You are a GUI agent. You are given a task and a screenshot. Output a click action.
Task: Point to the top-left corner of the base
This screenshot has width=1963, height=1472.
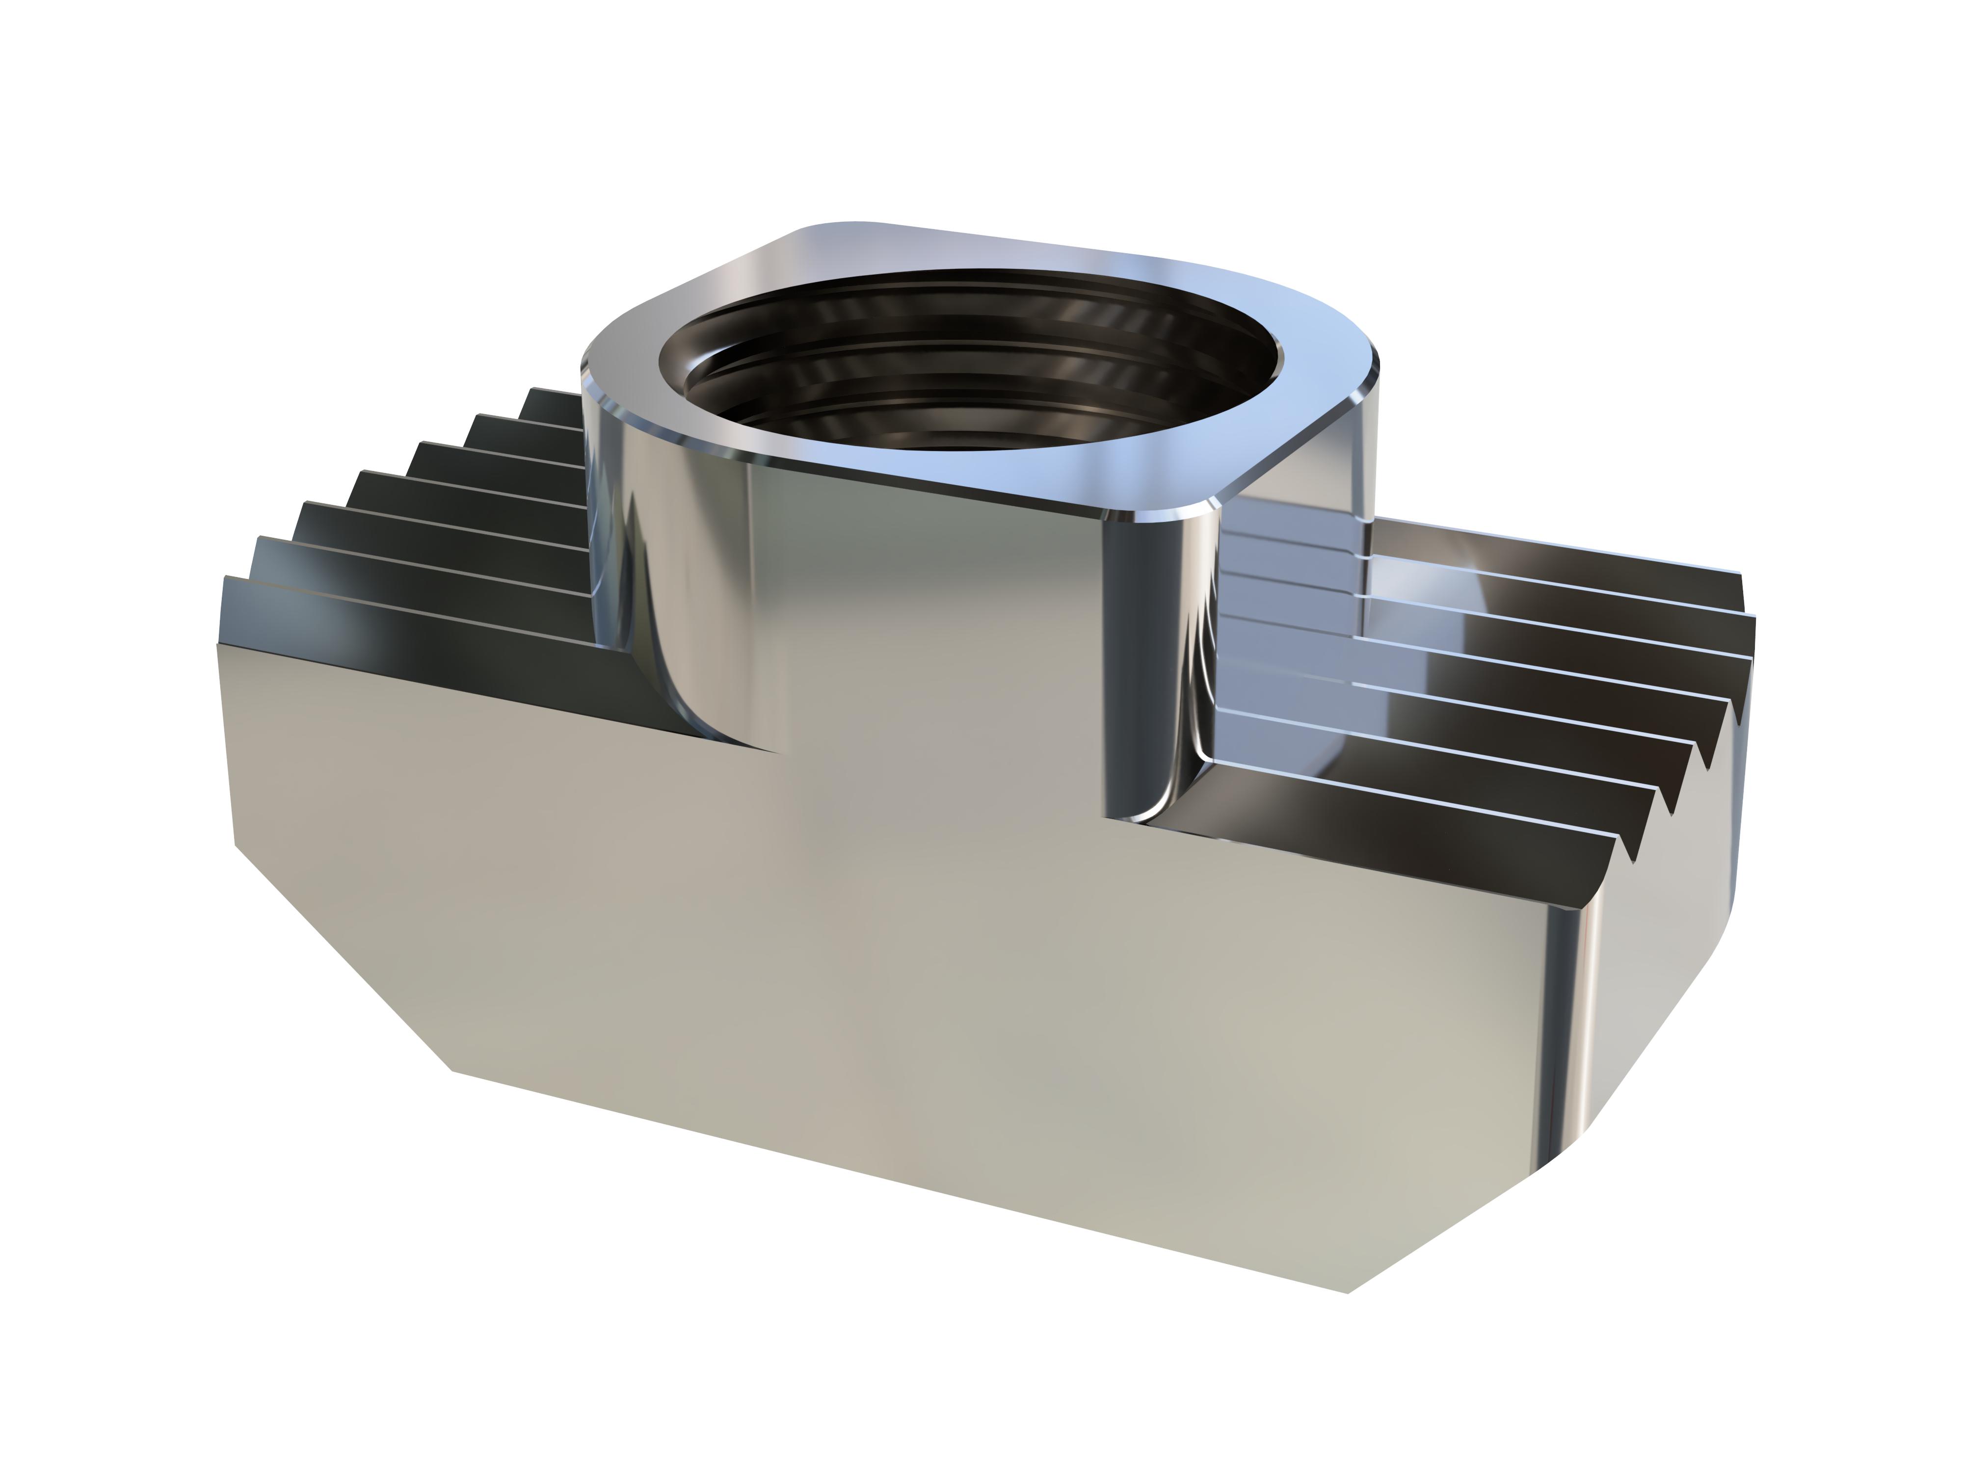[x=218, y=644]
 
